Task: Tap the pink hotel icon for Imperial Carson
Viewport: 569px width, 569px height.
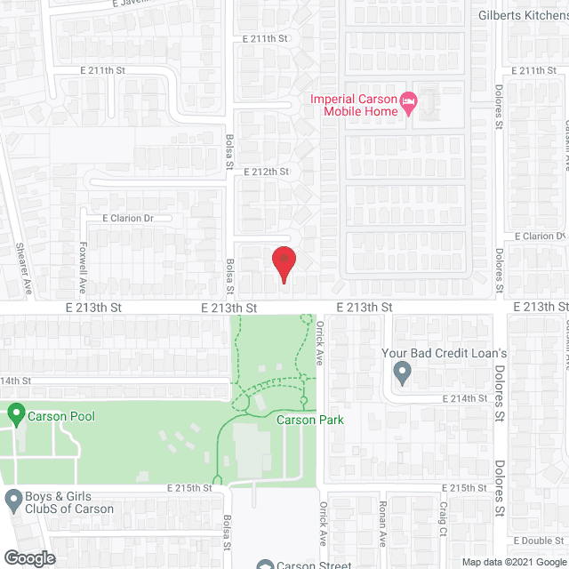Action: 409,103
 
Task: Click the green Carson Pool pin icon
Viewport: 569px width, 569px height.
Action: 15,413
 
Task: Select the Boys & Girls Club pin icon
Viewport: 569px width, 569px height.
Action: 13,501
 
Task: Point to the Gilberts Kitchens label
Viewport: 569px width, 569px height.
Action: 523,15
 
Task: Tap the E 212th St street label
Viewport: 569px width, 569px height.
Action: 266,171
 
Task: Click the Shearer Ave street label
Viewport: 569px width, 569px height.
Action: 27,268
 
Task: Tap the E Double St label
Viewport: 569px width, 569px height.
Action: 539,541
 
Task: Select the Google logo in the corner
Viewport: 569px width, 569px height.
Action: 28,557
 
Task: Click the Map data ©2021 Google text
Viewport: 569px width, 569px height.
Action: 513,561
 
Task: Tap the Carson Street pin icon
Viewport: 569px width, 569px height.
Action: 264,565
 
